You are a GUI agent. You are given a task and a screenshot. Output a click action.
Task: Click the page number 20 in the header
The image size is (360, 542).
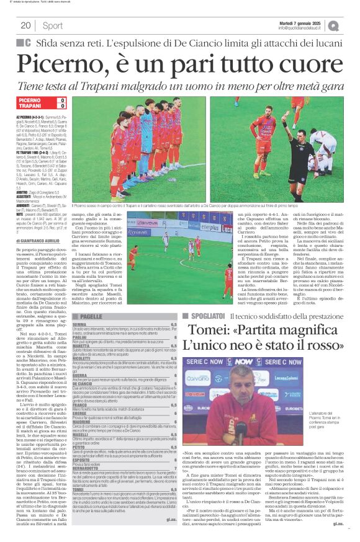tap(25, 25)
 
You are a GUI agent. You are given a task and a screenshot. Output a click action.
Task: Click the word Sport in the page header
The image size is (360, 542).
tap(53, 25)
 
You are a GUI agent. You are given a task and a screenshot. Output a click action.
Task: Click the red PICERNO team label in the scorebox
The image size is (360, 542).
tap(30, 100)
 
